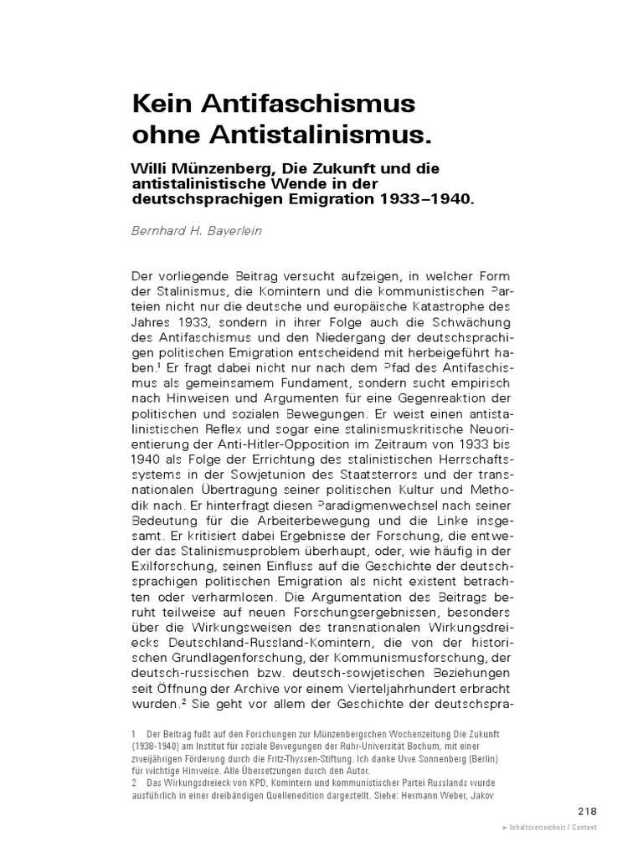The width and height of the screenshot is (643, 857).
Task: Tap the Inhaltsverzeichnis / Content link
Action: tap(549, 827)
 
